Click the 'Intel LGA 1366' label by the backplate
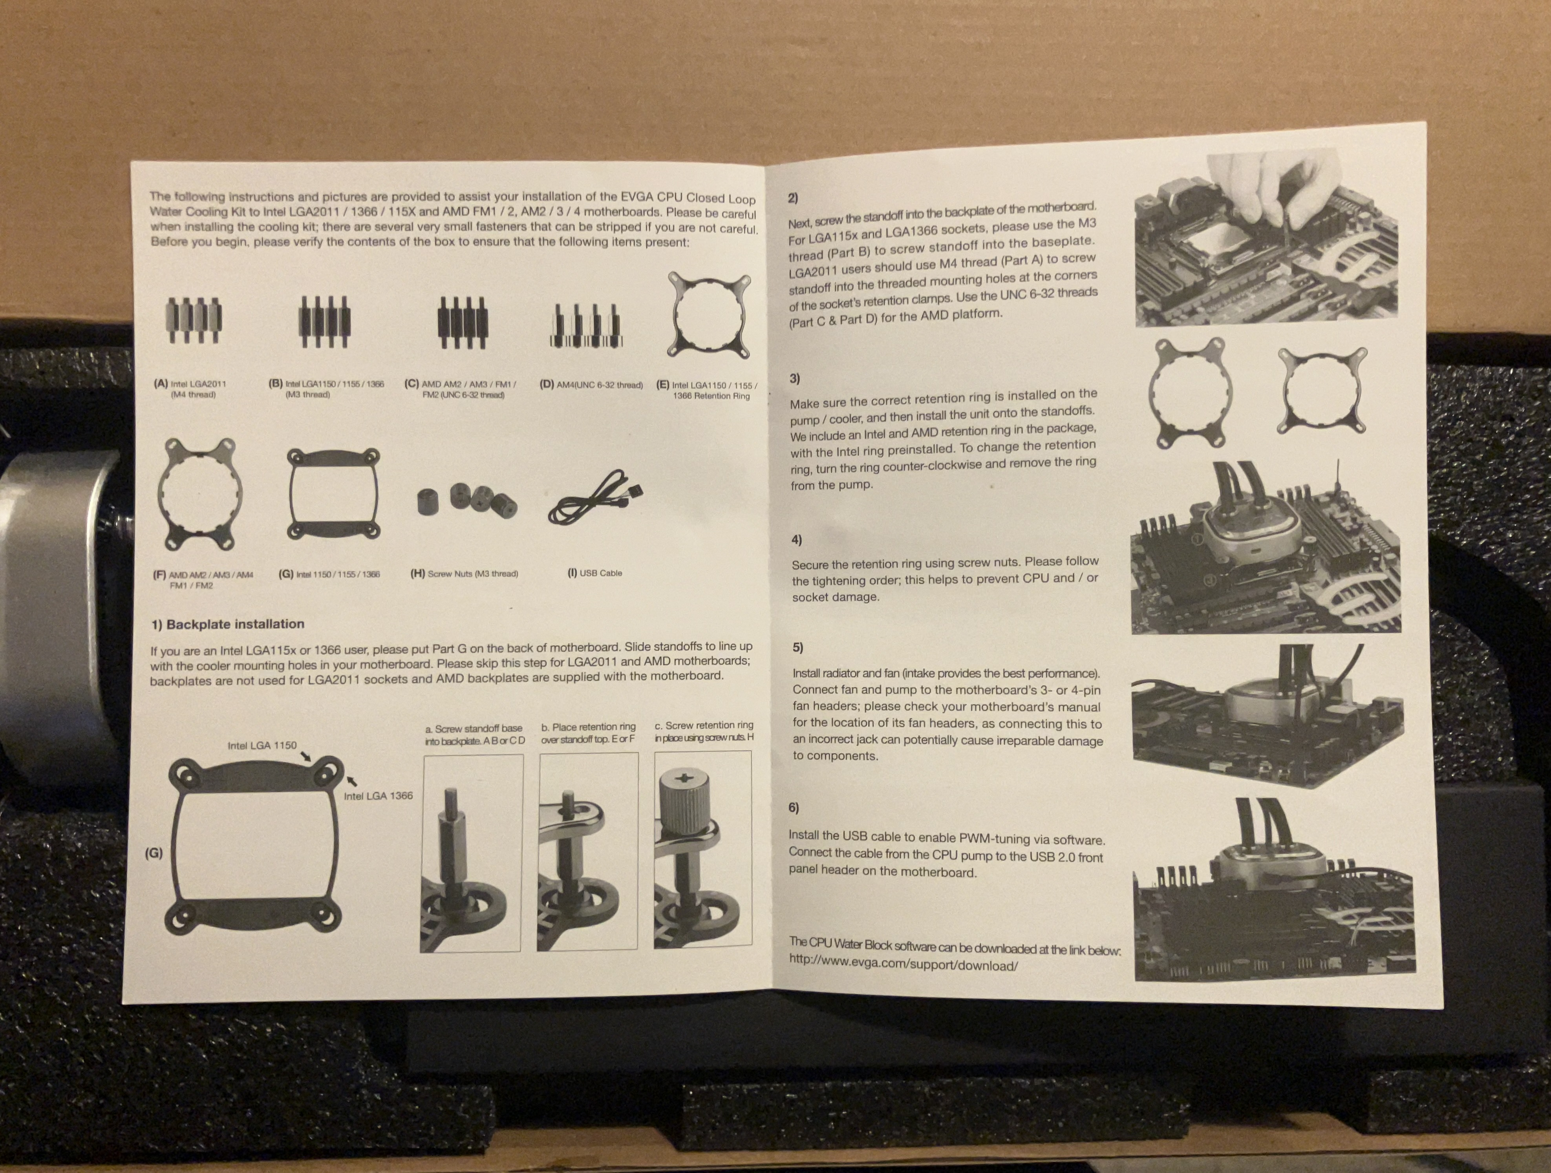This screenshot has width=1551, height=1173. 378,796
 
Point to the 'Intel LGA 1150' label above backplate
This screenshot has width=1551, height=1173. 262,745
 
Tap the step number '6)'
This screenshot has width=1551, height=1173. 794,808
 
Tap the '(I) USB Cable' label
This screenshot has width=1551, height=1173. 594,573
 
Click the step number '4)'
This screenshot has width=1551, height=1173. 797,540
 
